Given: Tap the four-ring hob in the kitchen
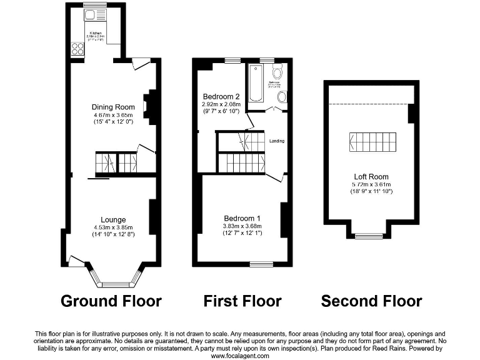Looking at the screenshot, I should [x=78, y=48].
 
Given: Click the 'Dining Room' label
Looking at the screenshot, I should [x=113, y=107].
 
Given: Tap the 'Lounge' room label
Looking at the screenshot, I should [x=114, y=219].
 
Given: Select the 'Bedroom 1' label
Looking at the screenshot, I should [x=242, y=218].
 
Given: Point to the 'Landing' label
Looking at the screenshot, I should [x=277, y=141].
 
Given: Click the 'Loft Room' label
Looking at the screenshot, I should [x=371, y=177].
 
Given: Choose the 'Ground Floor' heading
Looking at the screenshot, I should [x=111, y=301].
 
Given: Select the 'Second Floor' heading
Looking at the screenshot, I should [x=371, y=301].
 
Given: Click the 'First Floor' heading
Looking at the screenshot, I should [x=242, y=301].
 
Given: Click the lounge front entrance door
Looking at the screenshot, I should [x=77, y=261].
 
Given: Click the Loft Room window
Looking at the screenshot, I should [x=368, y=236].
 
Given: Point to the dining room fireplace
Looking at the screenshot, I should [x=149, y=105].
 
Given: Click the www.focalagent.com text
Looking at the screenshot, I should [x=240, y=356].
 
